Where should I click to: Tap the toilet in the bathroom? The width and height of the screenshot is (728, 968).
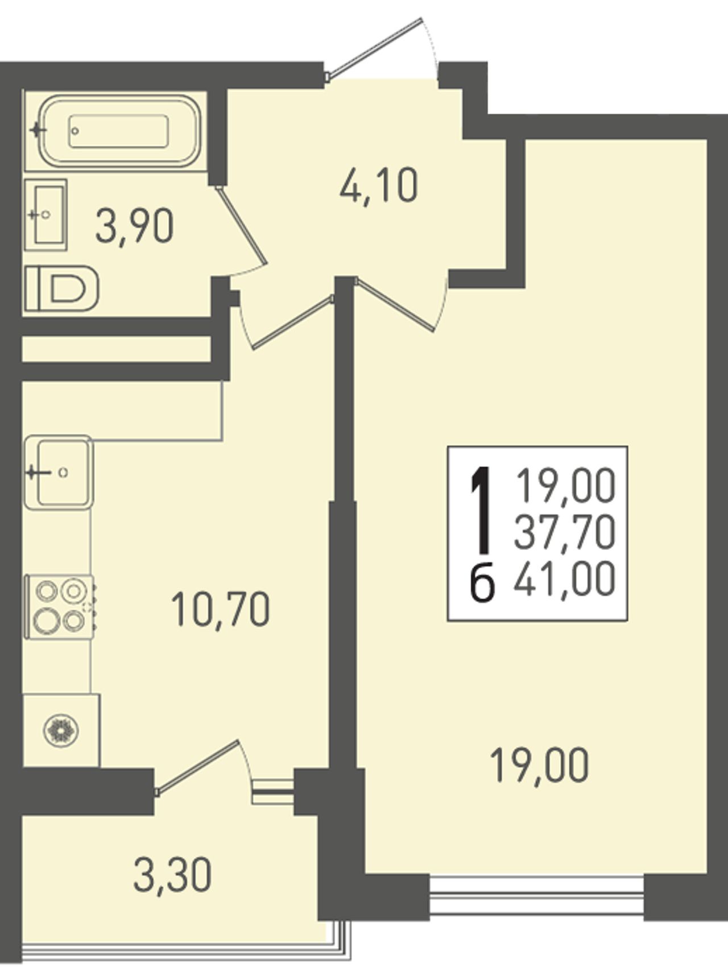coord(61,288)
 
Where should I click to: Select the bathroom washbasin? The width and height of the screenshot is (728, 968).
coord(46,214)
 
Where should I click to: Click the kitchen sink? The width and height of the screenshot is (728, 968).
coord(59,472)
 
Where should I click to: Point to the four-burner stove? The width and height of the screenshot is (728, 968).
coord(61,607)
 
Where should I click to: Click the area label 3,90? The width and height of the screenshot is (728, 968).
coord(134,225)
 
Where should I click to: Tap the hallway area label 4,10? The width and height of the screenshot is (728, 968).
coord(379,185)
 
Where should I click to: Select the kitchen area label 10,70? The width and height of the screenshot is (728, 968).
coord(221,609)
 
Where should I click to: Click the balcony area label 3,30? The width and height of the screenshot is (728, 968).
coord(172,874)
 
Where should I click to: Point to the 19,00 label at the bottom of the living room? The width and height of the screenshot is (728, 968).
coord(539,765)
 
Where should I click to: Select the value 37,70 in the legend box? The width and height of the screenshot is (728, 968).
coord(565,533)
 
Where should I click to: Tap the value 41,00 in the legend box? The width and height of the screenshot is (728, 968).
coord(565,578)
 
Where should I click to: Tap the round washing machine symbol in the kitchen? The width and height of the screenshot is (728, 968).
coord(61,730)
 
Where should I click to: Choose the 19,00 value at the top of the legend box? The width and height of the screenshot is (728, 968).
coord(565,487)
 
